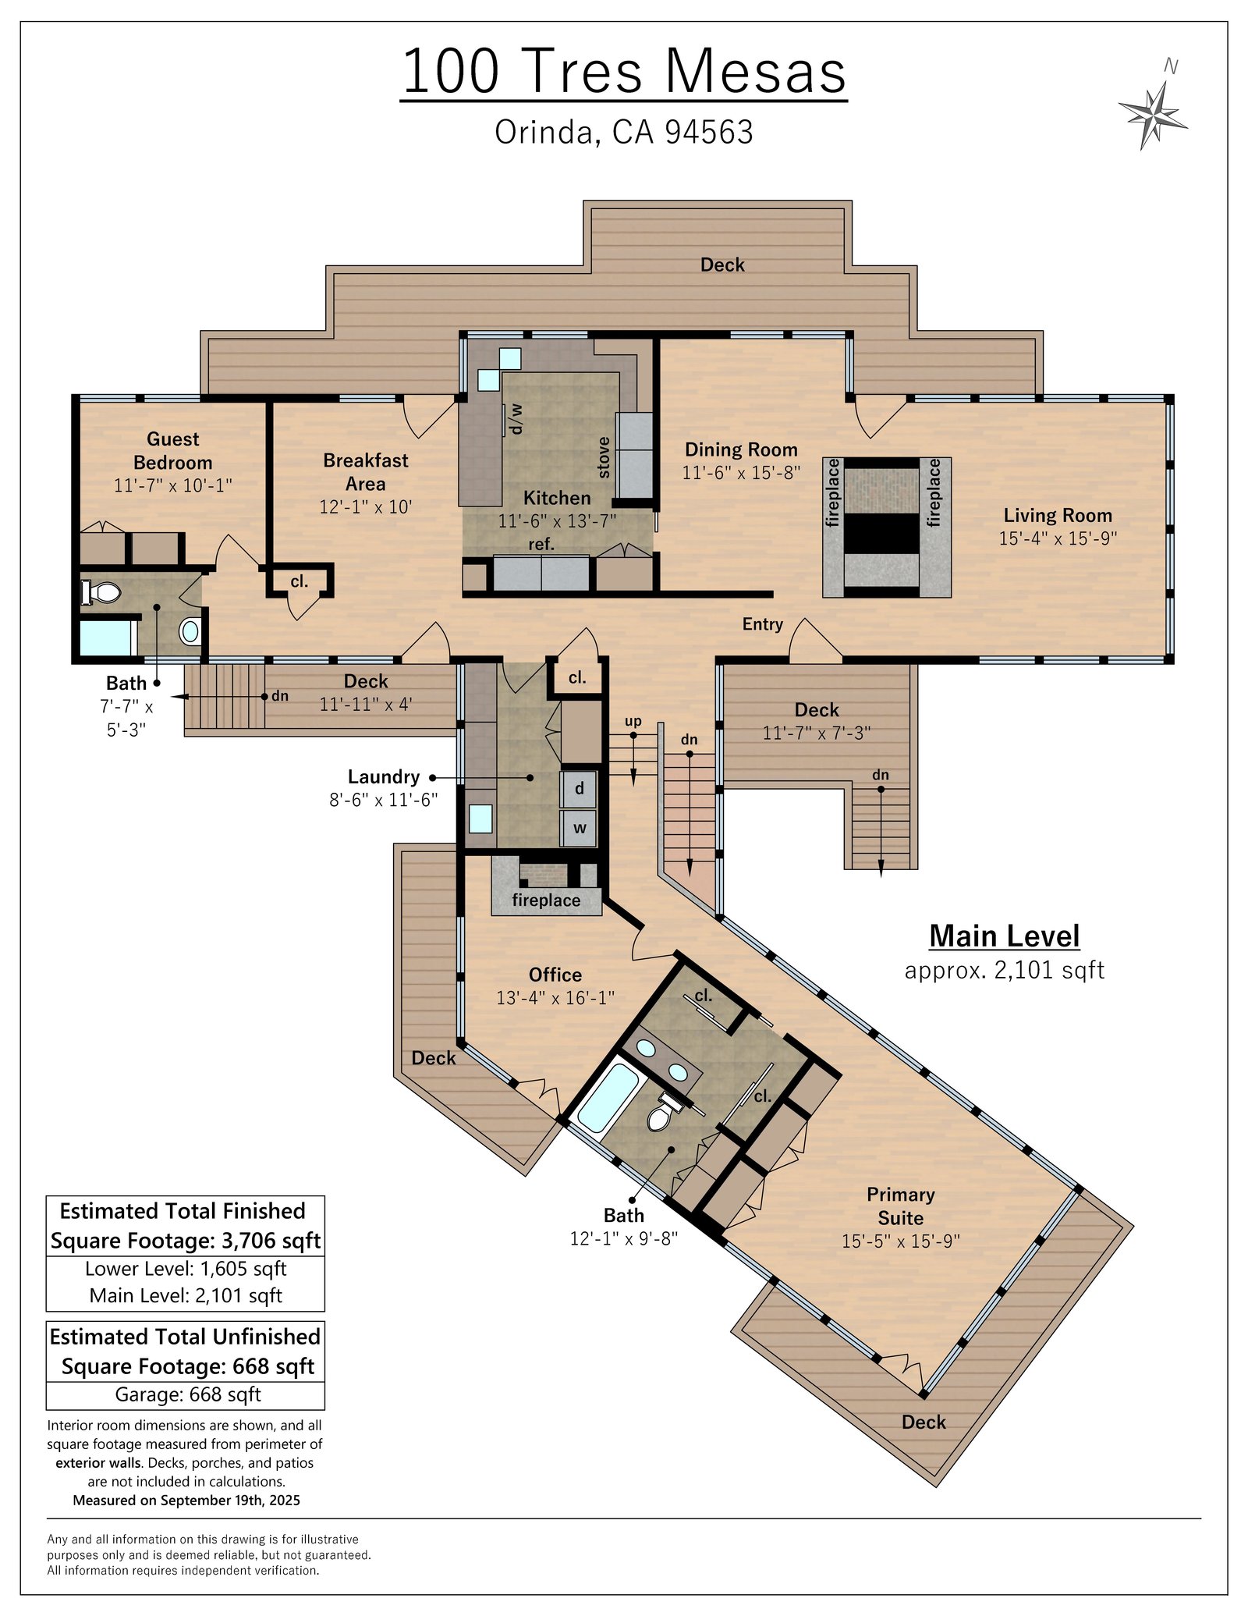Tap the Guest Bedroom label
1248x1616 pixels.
pos(173,450)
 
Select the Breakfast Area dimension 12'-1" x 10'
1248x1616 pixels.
pos(365,506)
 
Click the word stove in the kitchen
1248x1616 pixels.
pos(604,457)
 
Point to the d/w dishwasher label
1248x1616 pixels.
pos(516,419)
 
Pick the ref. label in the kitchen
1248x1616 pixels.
pos(541,544)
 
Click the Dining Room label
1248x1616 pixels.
pos(741,449)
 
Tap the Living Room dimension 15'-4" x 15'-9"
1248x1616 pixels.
pos(1058,538)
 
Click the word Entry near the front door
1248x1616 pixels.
pos(762,624)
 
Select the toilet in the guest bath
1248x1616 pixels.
pos(101,592)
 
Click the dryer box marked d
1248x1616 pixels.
pos(579,789)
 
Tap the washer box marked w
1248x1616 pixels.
pos(579,828)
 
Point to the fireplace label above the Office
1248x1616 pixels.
pos(546,900)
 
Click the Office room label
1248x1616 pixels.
pos(555,975)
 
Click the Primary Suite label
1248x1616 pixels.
pos(901,1206)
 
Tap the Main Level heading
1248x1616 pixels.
pos(1005,936)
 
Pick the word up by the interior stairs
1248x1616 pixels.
pos(633,721)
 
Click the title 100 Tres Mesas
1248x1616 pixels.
pos(624,72)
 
